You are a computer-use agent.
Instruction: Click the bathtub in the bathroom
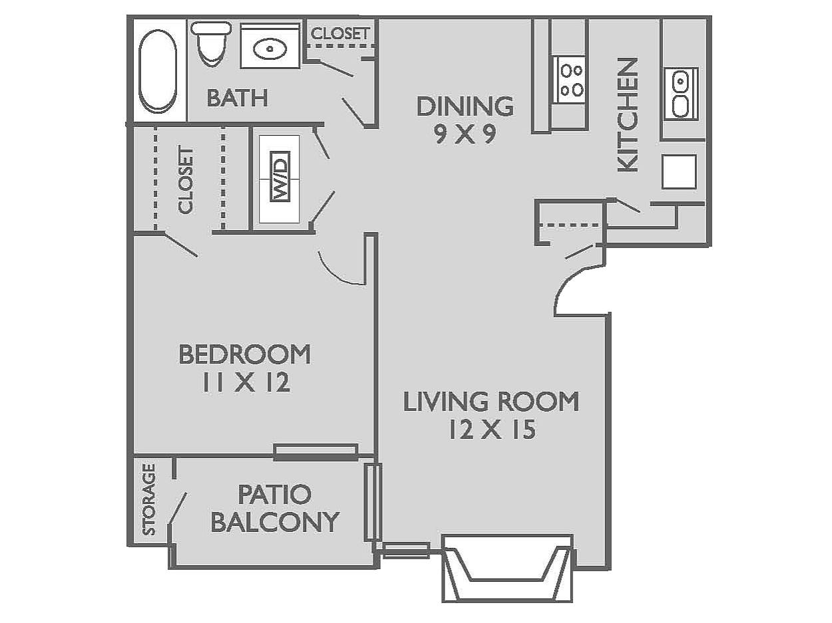pyautogui.click(x=158, y=70)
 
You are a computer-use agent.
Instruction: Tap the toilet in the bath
pyautogui.click(x=212, y=43)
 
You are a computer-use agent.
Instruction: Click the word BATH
pyautogui.click(x=237, y=98)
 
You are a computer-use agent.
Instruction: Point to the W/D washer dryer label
pyautogui.click(x=280, y=179)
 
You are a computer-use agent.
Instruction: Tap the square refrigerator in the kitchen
pyautogui.click(x=679, y=172)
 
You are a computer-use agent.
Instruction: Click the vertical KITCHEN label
pyautogui.click(x=628, y=114)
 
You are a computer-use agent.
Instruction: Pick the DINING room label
pyautogui.click(x=465, y=106)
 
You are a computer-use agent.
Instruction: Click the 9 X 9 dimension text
pyautogui.click(x=465, y=135)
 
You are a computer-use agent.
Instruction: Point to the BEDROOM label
pyautogui.click(x=244, y=354)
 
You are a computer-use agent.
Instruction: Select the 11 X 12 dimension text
pyautogui.click(x=246, y=383)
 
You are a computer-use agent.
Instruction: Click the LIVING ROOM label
pyautogui.click(x=491, y=402)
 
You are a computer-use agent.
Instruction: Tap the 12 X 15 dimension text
pyautogui.click(x=491, y=430)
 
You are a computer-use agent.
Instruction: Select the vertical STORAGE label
pyautogui.click(x=149, y=499)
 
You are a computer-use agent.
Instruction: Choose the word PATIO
pyautogui.click(x=274, y=494)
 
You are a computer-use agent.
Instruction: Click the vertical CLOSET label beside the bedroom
pyautogui.click(x=186, y=180)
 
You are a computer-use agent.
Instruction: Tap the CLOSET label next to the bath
pyautogui.click(x=339, y=33)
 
